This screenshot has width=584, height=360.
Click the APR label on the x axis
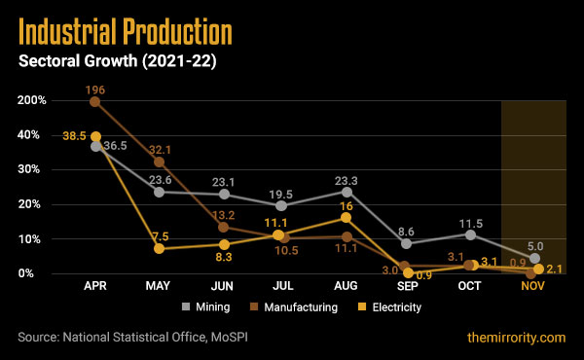94,288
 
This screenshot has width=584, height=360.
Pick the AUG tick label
347,288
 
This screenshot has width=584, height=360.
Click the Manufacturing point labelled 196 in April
95,101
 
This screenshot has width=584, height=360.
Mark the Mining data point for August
347,192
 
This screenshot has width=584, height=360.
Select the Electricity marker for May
158,248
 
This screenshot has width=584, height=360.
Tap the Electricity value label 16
347,206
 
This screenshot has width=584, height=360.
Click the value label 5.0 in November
534,245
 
